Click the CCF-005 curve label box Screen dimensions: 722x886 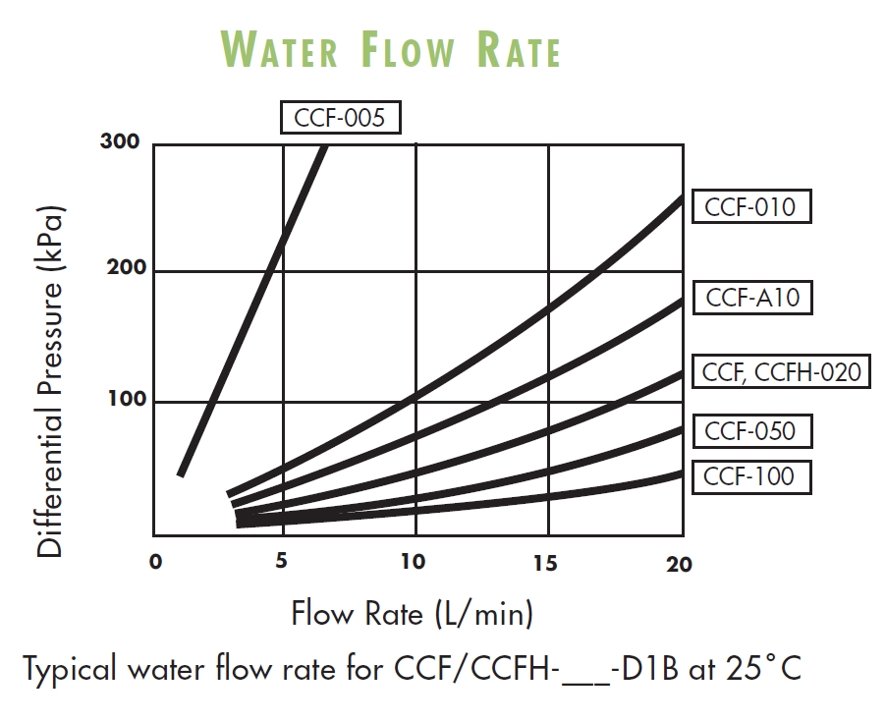(x=341, y=119)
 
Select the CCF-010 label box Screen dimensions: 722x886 (x=750, y=207)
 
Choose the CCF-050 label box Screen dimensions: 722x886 (x=750, y=430)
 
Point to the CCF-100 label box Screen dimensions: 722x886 (x=750, y=477)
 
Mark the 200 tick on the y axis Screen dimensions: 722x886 (x=123, y=268)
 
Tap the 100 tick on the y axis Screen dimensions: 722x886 (x=123, y=399)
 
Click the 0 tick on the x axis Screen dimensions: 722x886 (x=155, y=563)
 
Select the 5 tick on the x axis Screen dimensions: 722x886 (x=282, y=562)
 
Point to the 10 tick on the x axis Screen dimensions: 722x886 (x=414, y=562)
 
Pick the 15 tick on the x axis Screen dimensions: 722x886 (x=545, y=563)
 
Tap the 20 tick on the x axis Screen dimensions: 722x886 (x=679, y=564)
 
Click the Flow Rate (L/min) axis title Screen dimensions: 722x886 (x=413, y=614)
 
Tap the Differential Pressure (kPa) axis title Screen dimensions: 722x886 (x=50, y=382)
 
